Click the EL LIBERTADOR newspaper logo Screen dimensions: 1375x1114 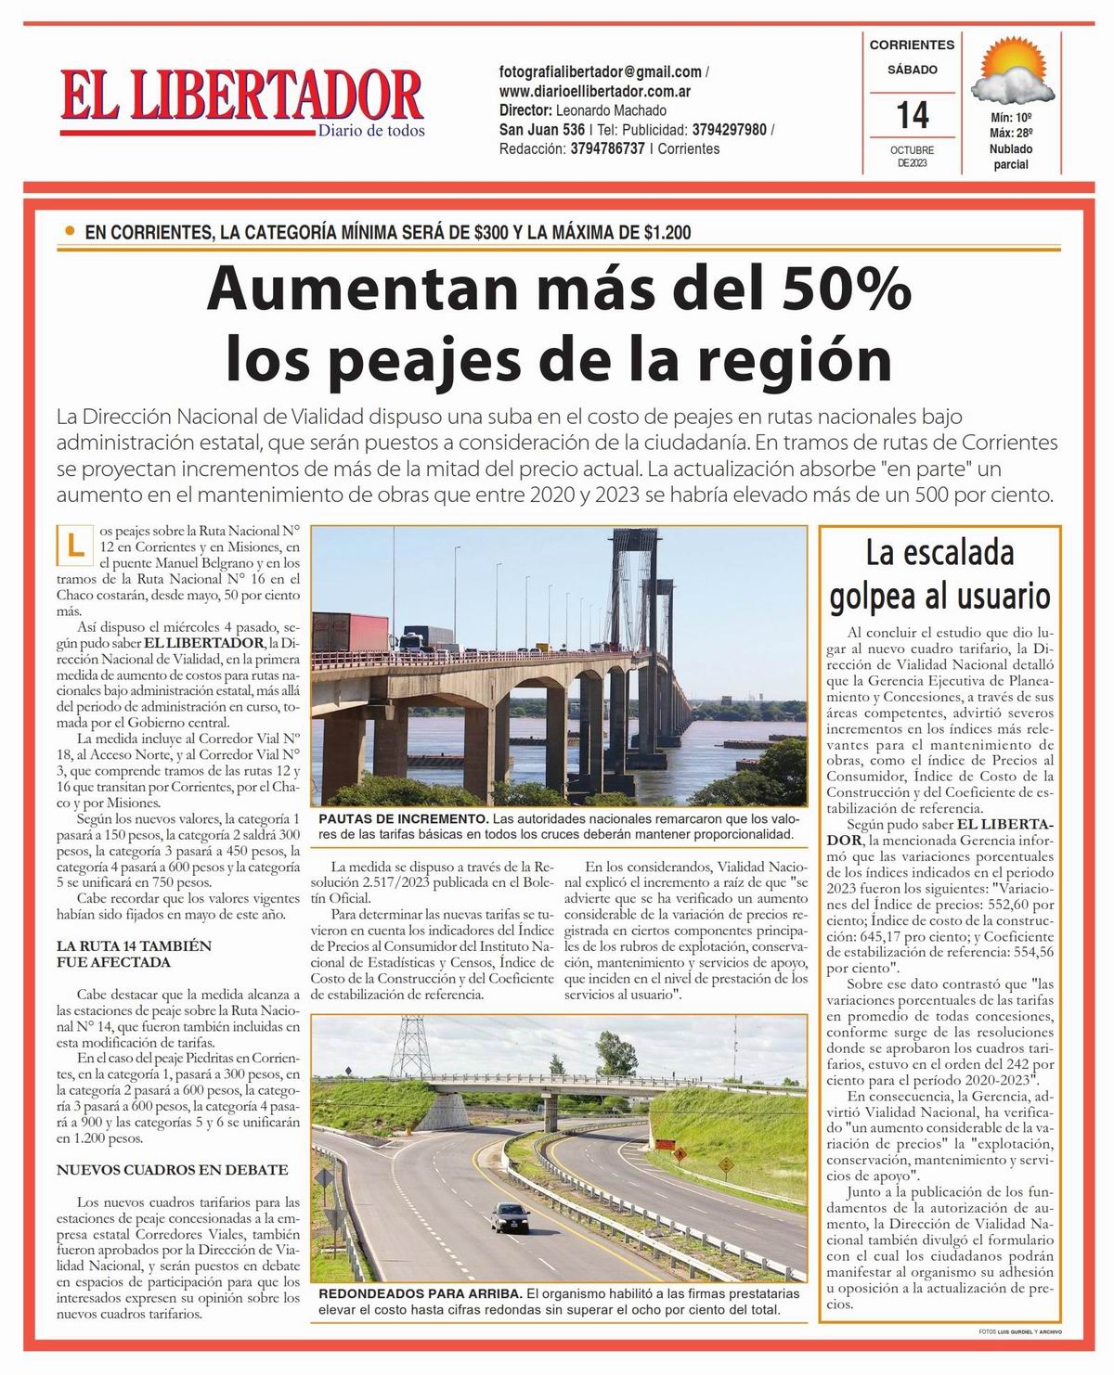[241, 97]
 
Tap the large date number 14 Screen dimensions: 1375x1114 [912, 115]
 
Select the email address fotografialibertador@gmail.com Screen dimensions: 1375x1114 [600, 71]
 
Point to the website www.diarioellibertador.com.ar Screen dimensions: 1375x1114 [594, 91]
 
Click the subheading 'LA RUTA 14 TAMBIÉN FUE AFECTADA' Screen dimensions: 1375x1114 [134, 954]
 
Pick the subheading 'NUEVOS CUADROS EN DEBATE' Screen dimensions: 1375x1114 [172, 1170]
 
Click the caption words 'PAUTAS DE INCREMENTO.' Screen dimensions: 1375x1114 [403, 818]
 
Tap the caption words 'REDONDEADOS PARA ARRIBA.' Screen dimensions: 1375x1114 [421, 1293]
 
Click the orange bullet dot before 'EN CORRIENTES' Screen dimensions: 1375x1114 [70, 231]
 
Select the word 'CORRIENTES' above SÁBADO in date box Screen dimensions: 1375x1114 [912, 45]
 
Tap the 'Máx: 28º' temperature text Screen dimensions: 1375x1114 [1010, 134]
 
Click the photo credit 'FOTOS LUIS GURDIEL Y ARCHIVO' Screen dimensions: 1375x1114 [1020, 1331]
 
